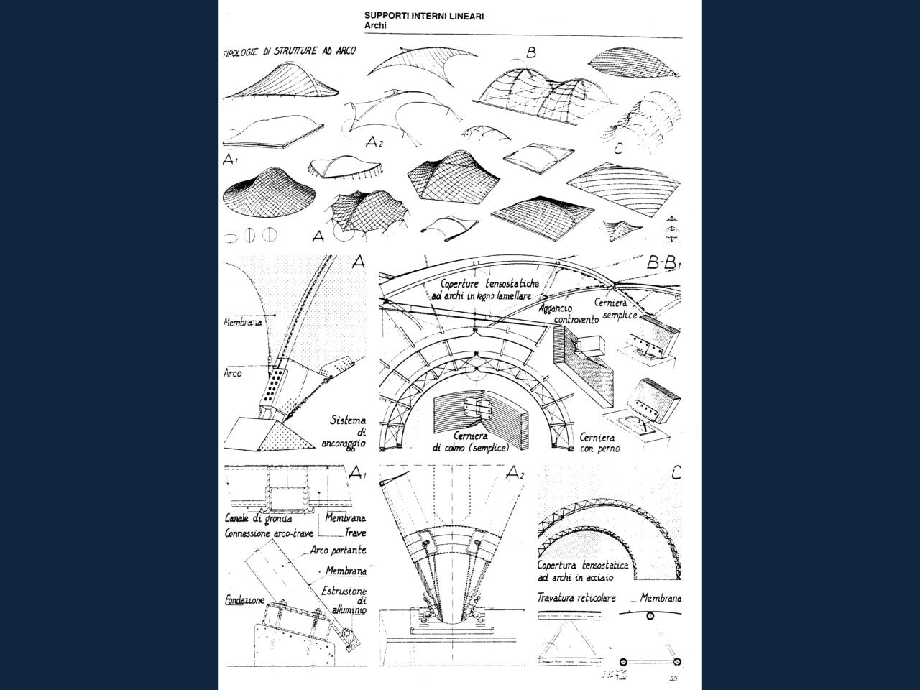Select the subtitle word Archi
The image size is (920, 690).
click(376, 25)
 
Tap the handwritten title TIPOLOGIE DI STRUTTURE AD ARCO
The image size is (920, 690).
click(289, 52)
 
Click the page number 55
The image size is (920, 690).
click(673, 678)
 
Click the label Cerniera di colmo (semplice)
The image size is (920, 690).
click(470, 441)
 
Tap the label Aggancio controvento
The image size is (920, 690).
click(564, 313)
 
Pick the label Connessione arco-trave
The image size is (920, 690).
click(269, 534)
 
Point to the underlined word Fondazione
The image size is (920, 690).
click(244, 599)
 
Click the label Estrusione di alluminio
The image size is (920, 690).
click(345, 600)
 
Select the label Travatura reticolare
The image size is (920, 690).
click(576, 597)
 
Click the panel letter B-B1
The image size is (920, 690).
click(663, 264)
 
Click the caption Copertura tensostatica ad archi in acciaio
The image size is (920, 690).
click(582, 571)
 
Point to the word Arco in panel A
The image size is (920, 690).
click(233, 374)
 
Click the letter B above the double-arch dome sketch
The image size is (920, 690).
click(531, 52)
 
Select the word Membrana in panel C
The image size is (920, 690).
click(661, 597)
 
